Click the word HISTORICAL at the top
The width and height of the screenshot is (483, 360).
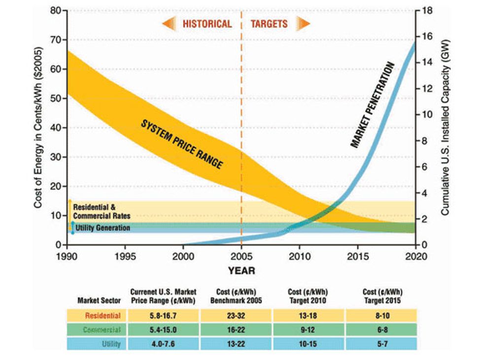pyautogui.click(x=207, y=24)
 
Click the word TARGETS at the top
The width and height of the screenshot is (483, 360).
pyautogui.click(x=269, y=24)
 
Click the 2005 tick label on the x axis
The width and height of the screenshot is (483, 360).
pyautogui.click(x=241, y=257)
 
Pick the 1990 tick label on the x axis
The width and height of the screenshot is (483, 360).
pyautogui.click(x=67, y=257)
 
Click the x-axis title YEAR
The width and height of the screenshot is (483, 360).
pyautogui.click(x=241, y=270)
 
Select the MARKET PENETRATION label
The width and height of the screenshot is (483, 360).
pyautogui.click(x=373, y=105)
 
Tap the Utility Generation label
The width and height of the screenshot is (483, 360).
pyautogui.click(x=103, y=228)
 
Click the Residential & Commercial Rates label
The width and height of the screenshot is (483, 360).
pyautogui.click(x=102, y=212)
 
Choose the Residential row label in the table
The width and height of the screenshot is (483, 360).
pyautogui.click(x=103, y=315)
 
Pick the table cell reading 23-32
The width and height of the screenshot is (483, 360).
pyautogui.click(x=236, y=315)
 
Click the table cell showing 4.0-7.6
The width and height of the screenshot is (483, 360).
pyautogui.click(x=163, y=344)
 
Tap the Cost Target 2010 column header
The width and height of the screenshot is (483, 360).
pyautogui.click(x=308, y=296)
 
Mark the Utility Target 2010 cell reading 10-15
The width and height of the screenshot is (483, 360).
pyautogui.click(x=308, y=344)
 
